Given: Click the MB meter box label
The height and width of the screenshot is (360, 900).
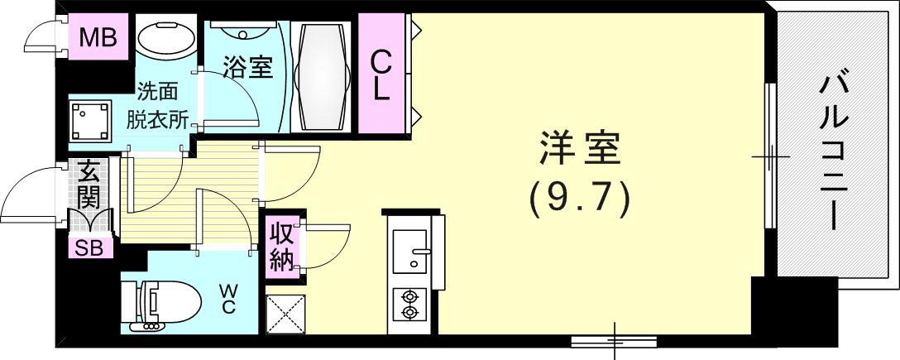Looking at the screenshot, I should point(98,37).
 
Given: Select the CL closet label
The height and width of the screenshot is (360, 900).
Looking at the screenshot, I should point(380,74).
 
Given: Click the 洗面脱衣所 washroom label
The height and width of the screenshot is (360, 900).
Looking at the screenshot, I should point(157,107).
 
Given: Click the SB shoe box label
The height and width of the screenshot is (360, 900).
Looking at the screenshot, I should point(89,247).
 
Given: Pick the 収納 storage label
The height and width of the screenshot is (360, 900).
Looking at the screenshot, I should point(280,247).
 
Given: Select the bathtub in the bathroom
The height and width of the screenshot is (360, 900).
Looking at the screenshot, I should point(322,75).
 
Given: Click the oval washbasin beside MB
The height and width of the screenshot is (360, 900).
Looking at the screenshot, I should point(165,38).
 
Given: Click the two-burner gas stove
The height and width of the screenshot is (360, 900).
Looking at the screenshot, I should point(408,304).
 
